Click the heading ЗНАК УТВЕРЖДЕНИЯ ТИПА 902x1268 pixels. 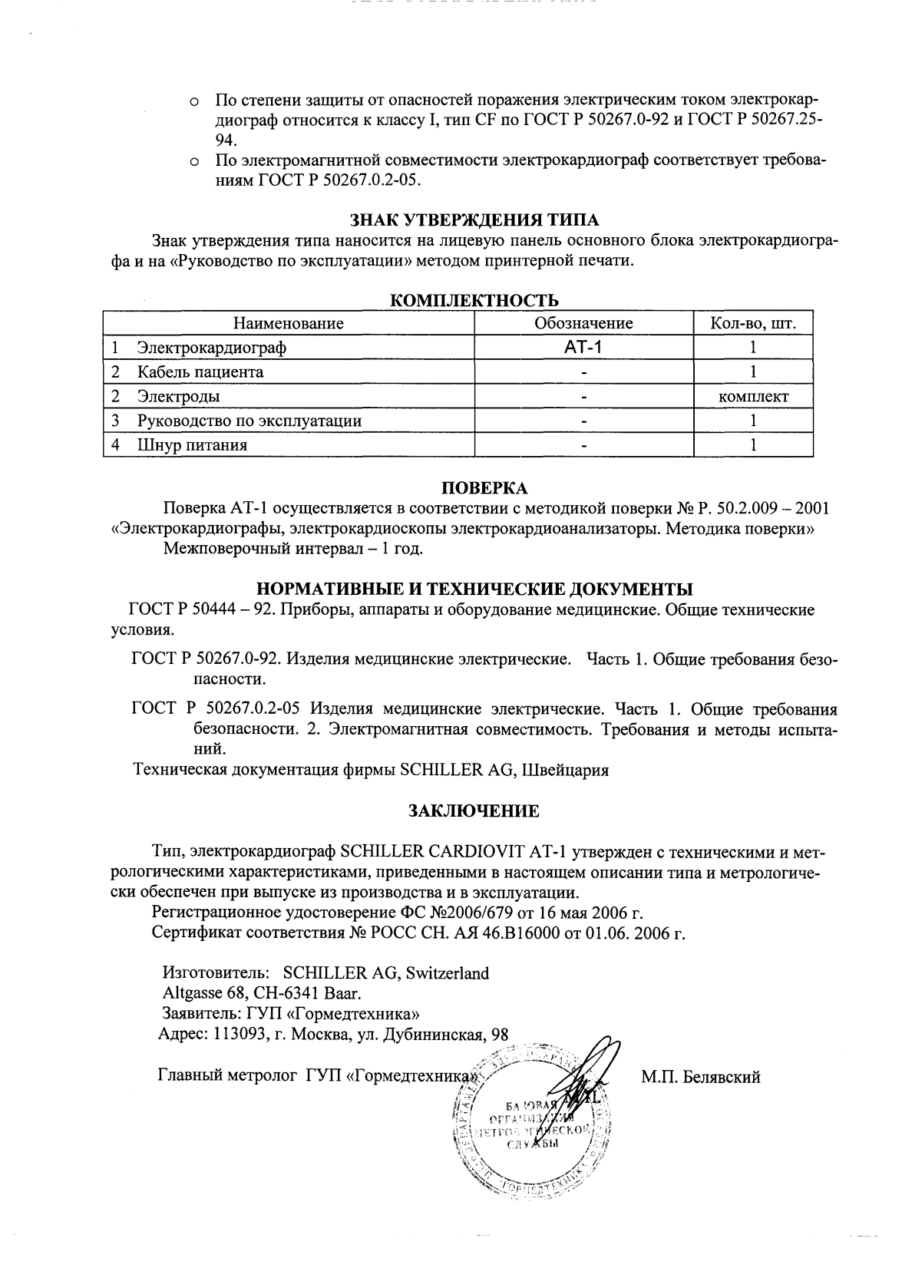point(474,221)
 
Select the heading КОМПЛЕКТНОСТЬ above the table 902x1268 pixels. point(474,299)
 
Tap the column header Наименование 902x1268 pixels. point(289,323)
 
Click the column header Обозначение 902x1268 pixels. point(583,323)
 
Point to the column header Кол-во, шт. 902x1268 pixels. point(753,323)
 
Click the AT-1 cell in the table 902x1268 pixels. point(583,348)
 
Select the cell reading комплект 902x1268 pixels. point(753,397)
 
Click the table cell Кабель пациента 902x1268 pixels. point(200,372)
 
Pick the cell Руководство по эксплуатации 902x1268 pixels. point(249,421)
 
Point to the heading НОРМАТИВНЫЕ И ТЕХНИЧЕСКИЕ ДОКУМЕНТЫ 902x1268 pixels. point(474,589)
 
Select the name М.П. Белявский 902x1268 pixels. point(700,1077)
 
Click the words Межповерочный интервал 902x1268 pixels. point(241,550)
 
